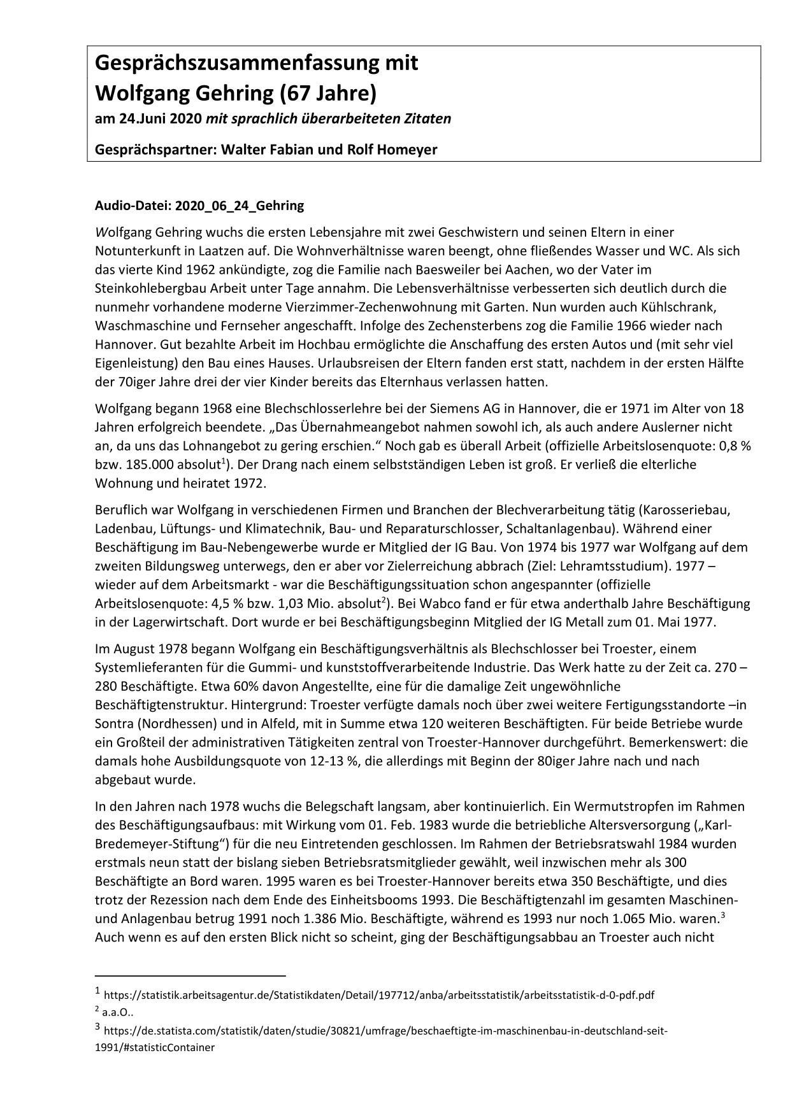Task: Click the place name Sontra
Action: (x=114, y=724)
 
